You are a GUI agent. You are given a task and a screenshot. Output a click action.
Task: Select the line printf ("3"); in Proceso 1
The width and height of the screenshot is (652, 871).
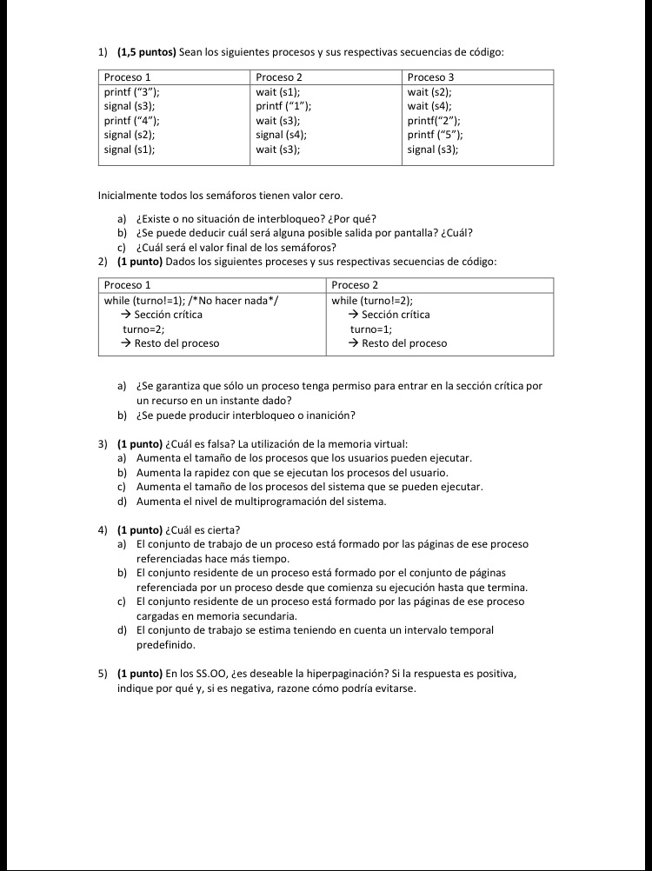(131, 91)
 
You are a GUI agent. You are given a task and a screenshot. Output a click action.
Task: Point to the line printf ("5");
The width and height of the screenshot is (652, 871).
(435, 135)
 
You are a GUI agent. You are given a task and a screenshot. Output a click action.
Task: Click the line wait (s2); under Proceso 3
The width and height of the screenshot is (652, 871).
(429, 91)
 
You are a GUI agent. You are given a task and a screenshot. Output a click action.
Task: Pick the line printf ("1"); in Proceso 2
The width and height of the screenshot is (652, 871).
(283, 106)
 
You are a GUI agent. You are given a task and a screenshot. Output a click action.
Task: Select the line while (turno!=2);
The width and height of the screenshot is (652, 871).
(372, 300)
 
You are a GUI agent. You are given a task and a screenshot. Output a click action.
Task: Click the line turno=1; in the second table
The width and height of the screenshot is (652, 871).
(371, 329)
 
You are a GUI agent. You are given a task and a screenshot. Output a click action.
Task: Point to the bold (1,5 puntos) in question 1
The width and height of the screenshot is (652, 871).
(146, 52)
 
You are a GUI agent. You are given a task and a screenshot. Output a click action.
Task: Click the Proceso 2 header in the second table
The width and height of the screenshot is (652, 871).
(355, 285)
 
